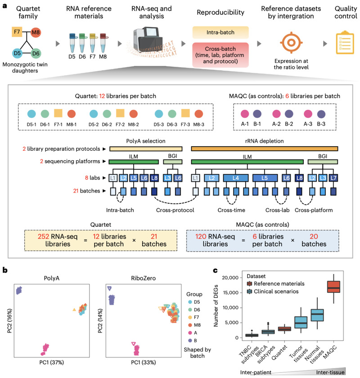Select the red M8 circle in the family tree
(36, 32)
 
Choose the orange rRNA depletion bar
(265, 148)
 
